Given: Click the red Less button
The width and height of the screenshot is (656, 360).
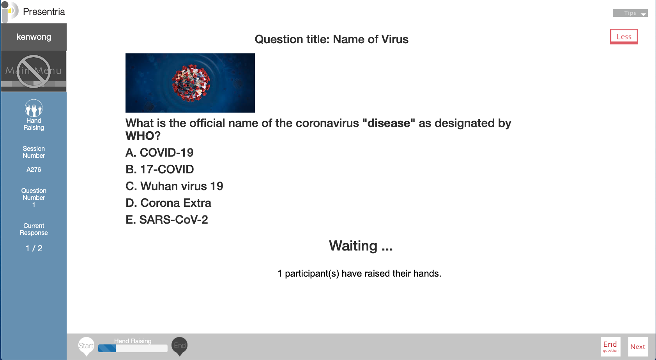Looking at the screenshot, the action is [624, 37].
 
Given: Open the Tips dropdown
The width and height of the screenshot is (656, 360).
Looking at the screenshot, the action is [630, 13].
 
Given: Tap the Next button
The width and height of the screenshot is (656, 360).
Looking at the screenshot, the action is [638, 346].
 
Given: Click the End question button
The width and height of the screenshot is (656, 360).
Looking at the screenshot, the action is [611, 346].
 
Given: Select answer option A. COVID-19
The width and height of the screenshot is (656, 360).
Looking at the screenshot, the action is [159, 152].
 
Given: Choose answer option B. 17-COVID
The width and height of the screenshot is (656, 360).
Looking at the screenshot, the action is [159, 169].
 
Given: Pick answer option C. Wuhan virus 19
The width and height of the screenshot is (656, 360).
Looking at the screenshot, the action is [174, 186].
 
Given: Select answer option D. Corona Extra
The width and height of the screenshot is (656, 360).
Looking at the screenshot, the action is [168, 203].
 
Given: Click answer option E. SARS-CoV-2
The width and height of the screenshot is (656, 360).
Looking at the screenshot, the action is [167, 219].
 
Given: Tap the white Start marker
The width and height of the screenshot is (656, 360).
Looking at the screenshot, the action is [86, 346].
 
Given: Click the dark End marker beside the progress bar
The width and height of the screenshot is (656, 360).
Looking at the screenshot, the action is [180, 346].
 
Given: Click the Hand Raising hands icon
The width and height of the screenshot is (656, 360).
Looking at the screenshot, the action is [34, 108].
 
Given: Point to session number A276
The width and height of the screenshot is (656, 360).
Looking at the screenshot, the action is [34, 169].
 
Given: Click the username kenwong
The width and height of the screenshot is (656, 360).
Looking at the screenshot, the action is [34, 37].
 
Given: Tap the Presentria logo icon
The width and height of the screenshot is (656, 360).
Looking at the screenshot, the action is [10, 12].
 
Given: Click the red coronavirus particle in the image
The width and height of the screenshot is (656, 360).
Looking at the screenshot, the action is [191, 83].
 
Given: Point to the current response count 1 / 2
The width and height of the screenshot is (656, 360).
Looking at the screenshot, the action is [34, 249].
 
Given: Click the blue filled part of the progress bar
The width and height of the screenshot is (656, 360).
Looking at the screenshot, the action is [107, 348].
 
